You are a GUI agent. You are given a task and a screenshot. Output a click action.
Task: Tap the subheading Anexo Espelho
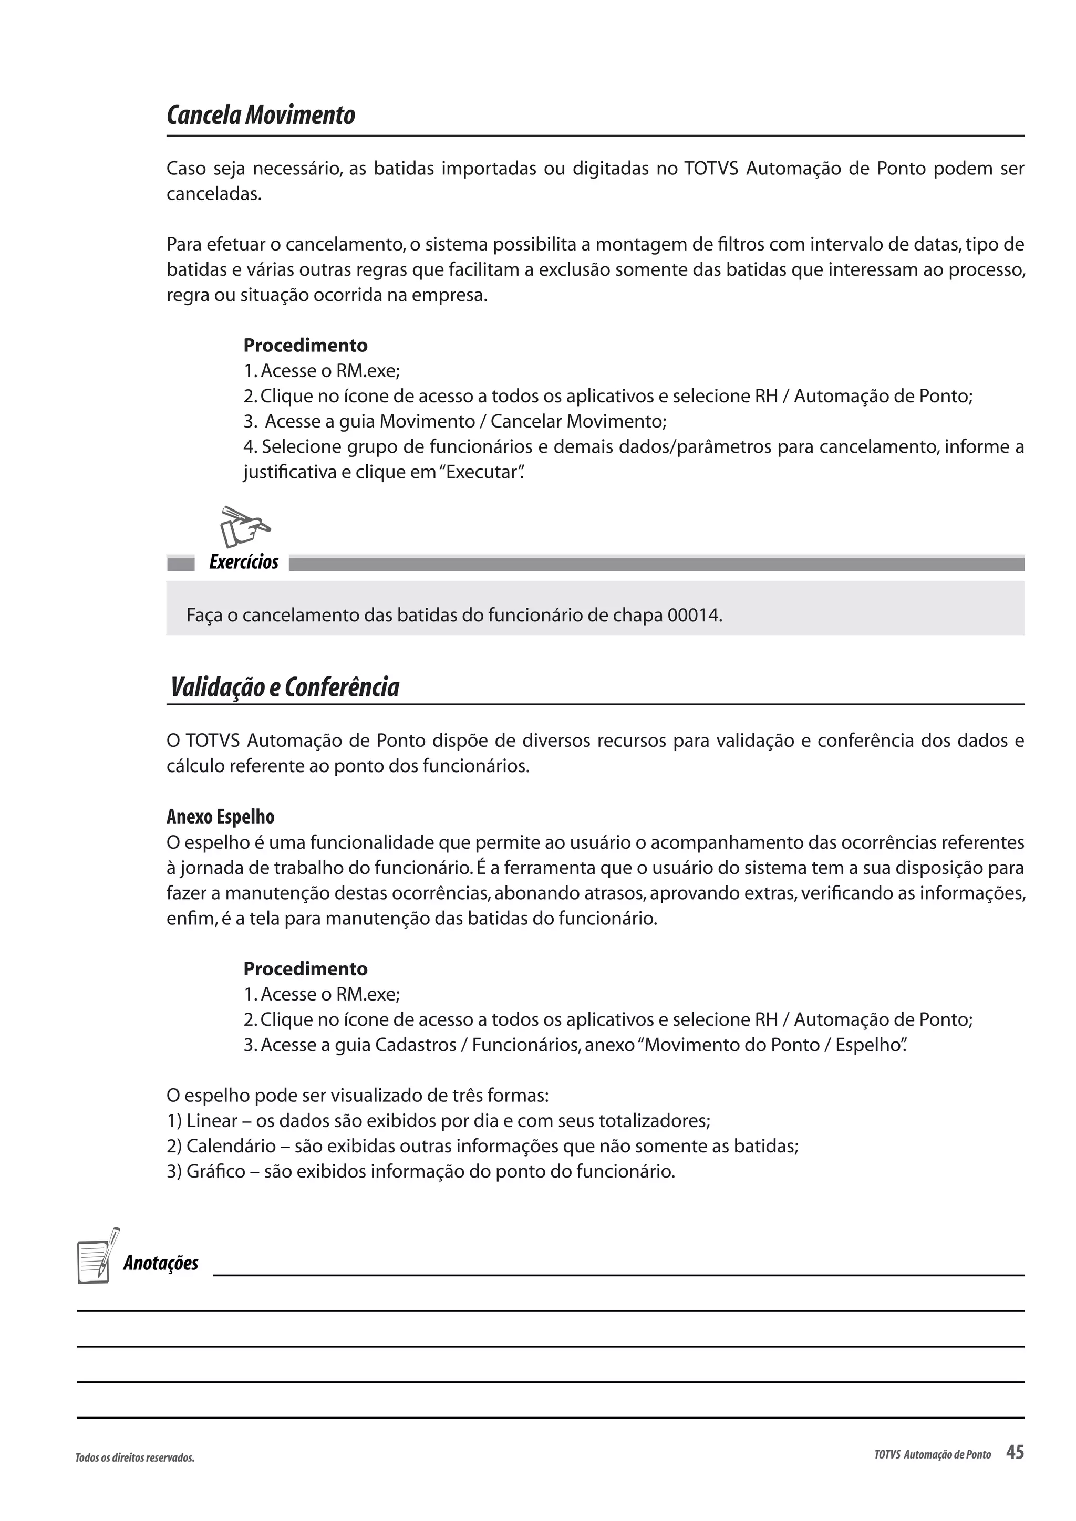coord(220,817)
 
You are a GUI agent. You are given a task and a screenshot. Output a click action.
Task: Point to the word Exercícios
coord(243,562)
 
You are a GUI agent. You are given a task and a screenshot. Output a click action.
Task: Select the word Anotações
coord(160,1263)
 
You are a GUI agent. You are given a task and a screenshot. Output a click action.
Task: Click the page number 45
coord(1015,1453)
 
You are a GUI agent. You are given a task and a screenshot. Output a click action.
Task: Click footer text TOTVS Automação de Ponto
coord(932,1455)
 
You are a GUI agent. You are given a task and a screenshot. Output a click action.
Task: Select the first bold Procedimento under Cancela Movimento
coord(305,345)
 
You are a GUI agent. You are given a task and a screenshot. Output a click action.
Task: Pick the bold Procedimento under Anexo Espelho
coord(305,968)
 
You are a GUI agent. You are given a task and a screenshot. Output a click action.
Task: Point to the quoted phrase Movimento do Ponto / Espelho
coord(772,1045)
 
